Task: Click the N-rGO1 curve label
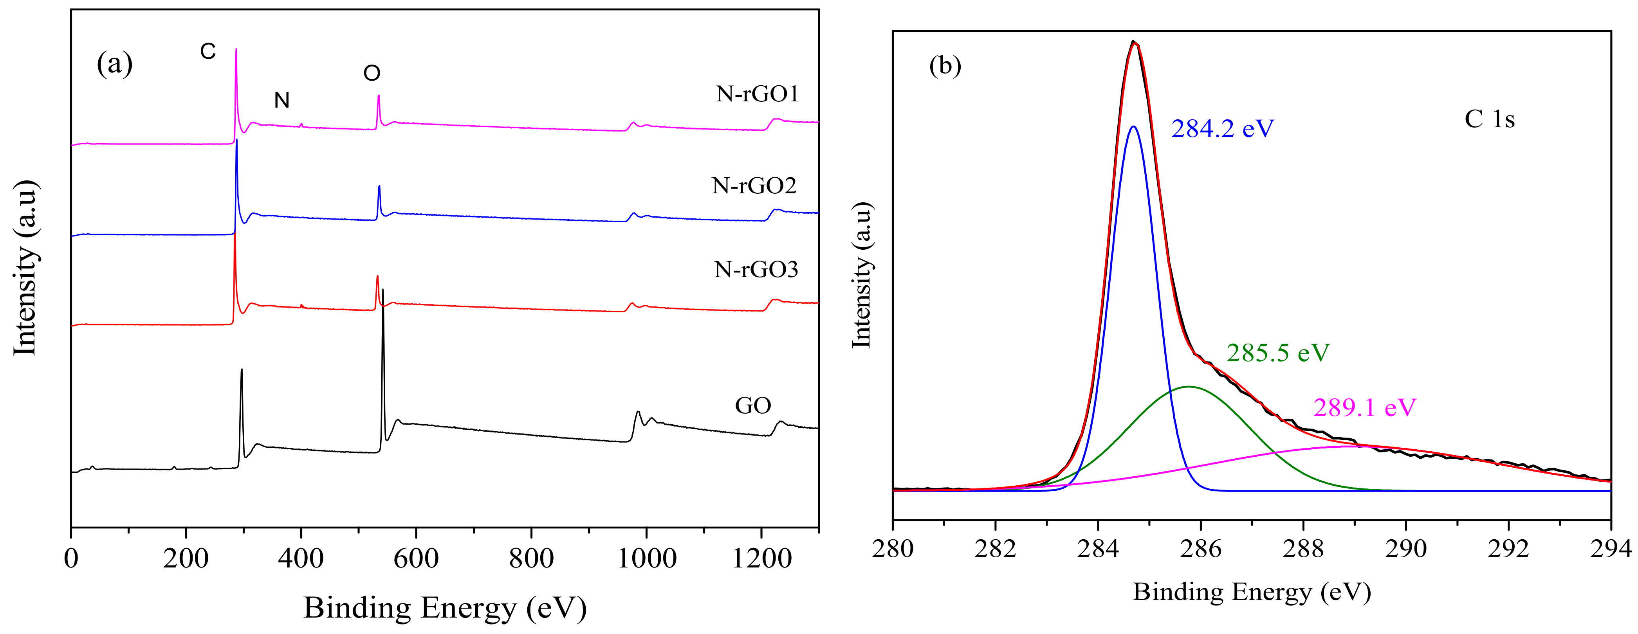pyautogui.click(x=757, y=94)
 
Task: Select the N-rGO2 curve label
pyautogui.click(x=754, y=186)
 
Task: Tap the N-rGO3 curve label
pyautogui.click(x=756, y=270)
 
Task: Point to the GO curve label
pyautogui.click(x=753, y=406)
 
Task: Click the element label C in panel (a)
pyautogui.click(x=208, y=52)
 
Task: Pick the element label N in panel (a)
pyautogui.click(x=282, y=101)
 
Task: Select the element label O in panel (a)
pyautogui.click(x=372, y=74)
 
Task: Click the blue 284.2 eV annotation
pyautogui.click(x=1222, y=129)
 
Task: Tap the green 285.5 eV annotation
pyautogui.click(x=1277, y=353)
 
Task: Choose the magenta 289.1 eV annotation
pyautogui.click(x=1365, y=408)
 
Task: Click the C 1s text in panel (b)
pyautogui.click(x=1490, y=119)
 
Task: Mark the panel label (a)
pyautogui.click(x=114, y=64)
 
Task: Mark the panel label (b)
pyautogui.click(x=945, y=65)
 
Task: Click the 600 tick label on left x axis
pyautogui.click(x=416, y=558)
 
